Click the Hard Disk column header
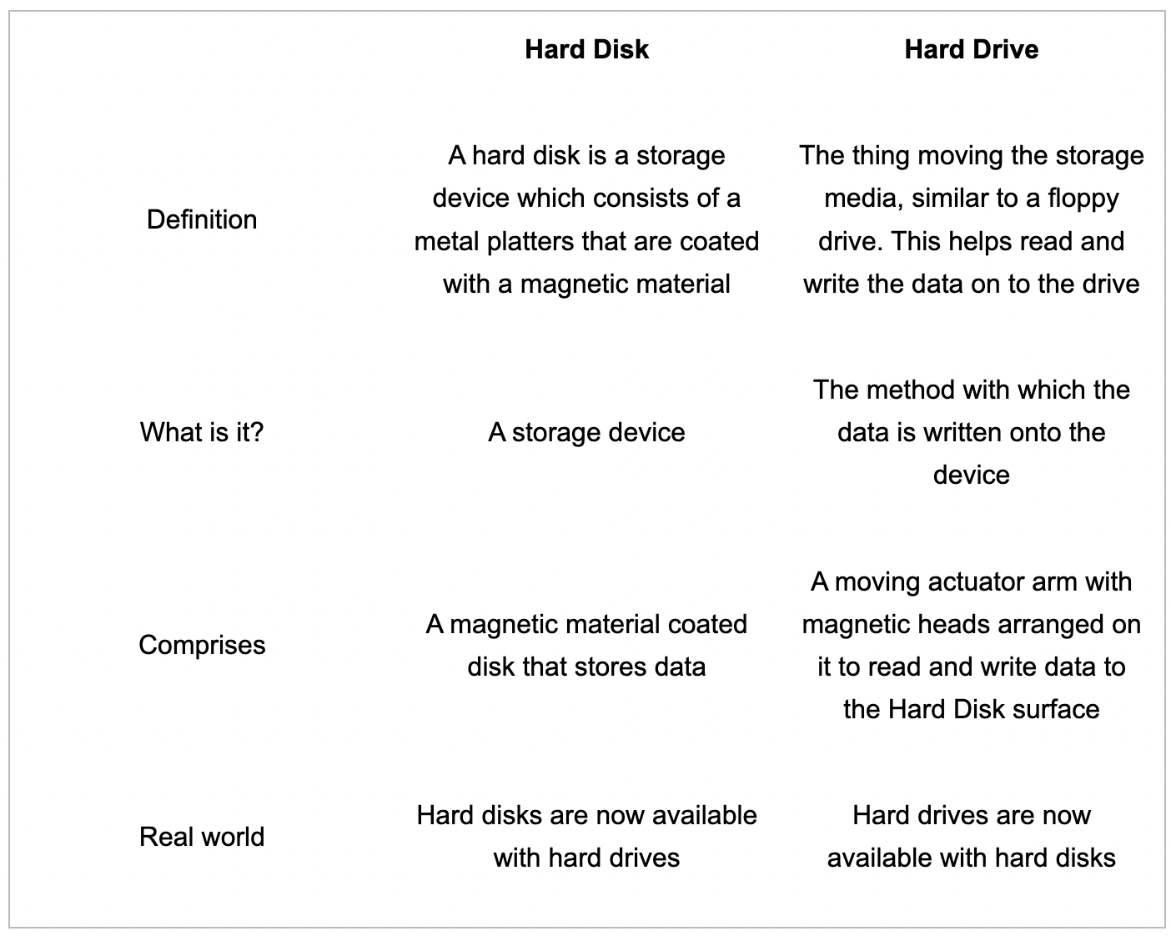(586, 49)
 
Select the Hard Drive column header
(971, 49)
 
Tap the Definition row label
(202, 220)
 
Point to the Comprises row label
(202, 646)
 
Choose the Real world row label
(202, 837)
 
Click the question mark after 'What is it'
(256, 432)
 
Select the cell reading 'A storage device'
(586, 433)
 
